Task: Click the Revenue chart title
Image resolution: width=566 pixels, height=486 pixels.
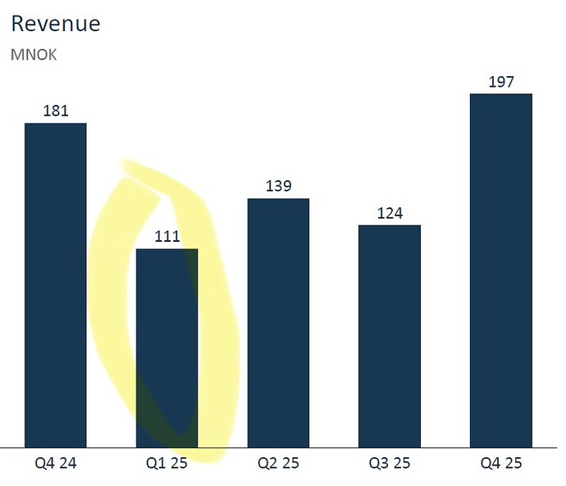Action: point(56,24)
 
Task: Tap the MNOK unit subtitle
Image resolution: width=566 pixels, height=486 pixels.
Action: point(34,56)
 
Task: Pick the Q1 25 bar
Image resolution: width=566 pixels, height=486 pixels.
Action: point(167,347)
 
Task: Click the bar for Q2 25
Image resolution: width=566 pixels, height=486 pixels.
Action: point(278,323)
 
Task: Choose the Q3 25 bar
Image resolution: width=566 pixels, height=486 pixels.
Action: point(389,336)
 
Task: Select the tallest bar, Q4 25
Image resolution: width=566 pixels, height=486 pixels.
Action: point(500,270)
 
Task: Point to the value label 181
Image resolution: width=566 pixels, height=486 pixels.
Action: point(56,111)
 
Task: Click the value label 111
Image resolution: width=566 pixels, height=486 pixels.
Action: point(167,237)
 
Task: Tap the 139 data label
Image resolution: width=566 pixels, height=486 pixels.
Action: point(278,186)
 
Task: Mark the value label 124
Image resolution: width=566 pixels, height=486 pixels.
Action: point(390,213)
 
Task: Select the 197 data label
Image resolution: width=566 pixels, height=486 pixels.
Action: point(500,82)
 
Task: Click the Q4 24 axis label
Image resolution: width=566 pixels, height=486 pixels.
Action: point(56,463)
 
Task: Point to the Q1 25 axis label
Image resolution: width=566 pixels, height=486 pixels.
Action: point(167,463)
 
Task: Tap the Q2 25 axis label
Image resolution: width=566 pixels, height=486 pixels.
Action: point(278,463)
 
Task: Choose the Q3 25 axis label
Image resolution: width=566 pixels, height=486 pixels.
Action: point(390,463)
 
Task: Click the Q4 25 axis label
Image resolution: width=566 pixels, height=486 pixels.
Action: point(500,463)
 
